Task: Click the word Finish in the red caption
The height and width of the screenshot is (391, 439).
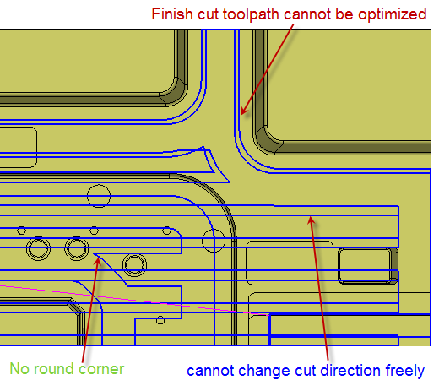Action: point(172,14)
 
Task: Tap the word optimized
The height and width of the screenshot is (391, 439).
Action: point(392,14)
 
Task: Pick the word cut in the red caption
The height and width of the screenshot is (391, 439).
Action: point(208,14)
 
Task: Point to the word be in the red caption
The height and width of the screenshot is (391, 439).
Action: point(344,14)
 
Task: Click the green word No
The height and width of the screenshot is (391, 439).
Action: point(19,368)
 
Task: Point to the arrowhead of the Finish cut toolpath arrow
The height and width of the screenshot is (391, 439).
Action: point(243,111)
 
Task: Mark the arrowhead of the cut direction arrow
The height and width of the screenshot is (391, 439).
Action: point(311,220)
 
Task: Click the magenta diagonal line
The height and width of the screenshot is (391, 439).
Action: point(134,300)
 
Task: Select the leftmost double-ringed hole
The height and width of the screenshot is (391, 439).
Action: point(39,249)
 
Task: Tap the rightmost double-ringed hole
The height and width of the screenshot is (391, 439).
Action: point(134,264)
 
